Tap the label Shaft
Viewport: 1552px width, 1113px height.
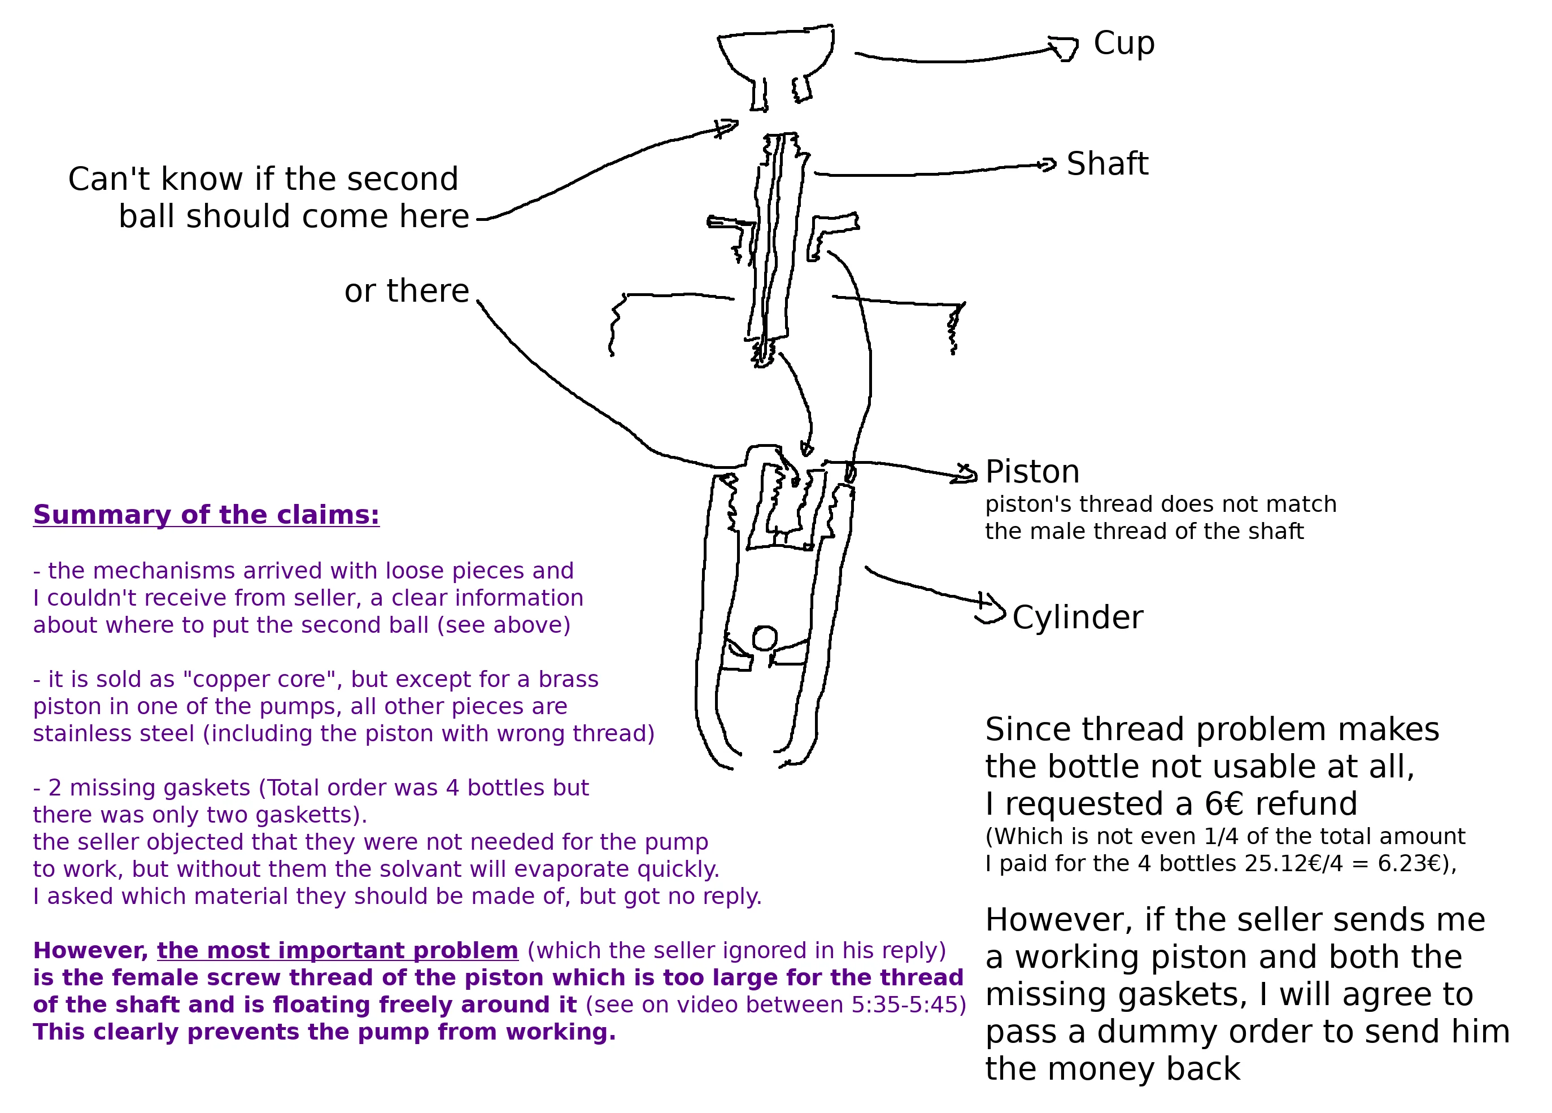pyautogui.click(x=1107, y=164)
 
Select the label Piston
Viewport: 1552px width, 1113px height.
pyautogui.click(x=1032, y=472)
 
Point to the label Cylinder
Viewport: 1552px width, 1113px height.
pyautogui.click(x=1077, y=618)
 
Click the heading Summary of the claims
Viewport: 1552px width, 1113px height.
pyautogui.click(x=206, y=515)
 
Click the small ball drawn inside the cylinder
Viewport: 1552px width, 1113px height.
pyautogui.click(x=764, y=638)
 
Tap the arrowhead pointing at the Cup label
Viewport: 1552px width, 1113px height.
pyautogui.click(x=1065, y=49)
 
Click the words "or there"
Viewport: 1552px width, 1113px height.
pyautogui.click(x=407, y=292)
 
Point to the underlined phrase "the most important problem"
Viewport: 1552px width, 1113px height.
pyautogui.click(x=337, y=951)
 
